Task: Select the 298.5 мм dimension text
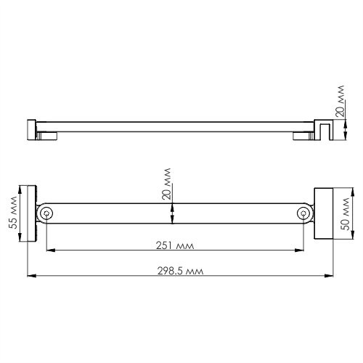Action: coord(180,269)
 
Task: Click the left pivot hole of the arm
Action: coord(47,213)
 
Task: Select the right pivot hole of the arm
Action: coord(303,213)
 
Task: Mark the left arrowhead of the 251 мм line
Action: coord(50,251)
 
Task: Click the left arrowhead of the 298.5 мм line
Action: coord(30,276)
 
